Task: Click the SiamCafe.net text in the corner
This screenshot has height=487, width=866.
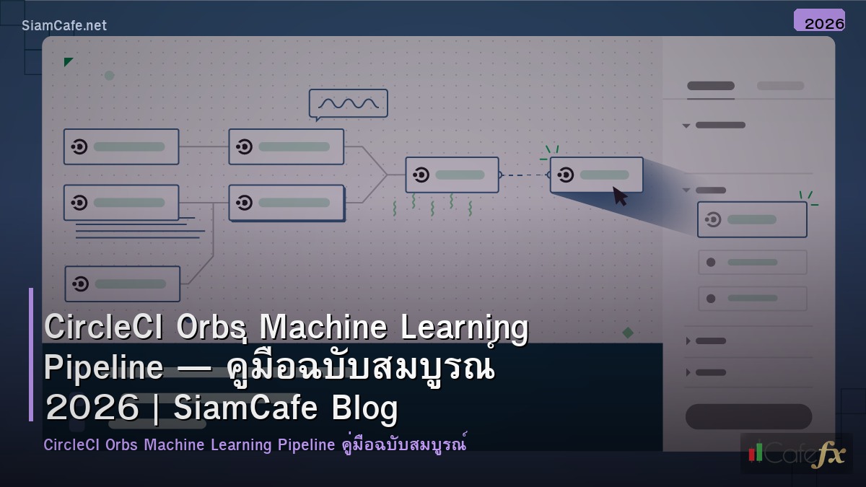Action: pyautogui.click(x=64, y=25)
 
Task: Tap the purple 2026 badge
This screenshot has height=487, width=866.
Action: pyautogui.click(x=819, y=21)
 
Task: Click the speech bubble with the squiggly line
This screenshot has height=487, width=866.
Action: pyautogui.click(x=349, y=103)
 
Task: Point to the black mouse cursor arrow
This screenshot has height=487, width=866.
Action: pyautogui.click(x=619, y=196)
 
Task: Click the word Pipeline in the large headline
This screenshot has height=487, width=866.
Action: pyautogui.click(x=103, y=368)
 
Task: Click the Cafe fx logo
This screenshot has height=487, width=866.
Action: pyautogui.click(x=796, y=453)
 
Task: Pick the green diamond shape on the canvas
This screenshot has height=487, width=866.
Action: pyautogui.click(x=628, y=333)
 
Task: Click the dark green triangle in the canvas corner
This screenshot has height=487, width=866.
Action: pyautogui.click(x=68, y=62)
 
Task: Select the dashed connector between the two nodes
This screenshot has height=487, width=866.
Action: pyautogui.click(x=524, y=175)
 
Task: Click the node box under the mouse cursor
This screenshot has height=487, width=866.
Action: pyautogui.click(x=596, y=175)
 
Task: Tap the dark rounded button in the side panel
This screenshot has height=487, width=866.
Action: pyautogui.click(x=748, y=416)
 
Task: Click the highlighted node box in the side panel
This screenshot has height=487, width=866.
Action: pyautogui.click(x=752, y=219)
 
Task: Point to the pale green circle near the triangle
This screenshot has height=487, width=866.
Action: pyautogui.click(x=110, y=75)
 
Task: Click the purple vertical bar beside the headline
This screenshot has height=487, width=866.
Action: pyautogui.click(x=31, y=354)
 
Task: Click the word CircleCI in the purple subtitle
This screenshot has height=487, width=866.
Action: pyautogui.click(x=71, y=444)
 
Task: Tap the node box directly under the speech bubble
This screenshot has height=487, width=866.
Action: pyautogui.click(x=286, y=146)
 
